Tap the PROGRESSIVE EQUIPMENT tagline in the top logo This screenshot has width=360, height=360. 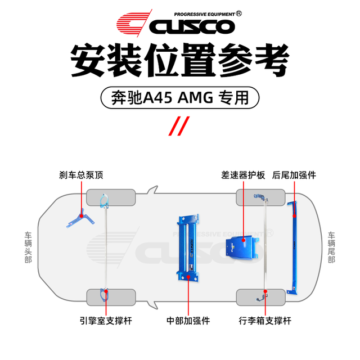coord(204,14)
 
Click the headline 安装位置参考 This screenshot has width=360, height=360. coord(180,60)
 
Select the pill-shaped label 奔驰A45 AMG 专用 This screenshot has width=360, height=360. coord(180,97)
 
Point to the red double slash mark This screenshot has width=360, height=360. coord(179,126)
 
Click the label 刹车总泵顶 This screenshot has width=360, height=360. coord(81,175)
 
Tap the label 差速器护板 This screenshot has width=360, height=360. coord(243,175)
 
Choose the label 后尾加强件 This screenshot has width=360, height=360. coord(294,175)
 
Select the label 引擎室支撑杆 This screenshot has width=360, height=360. coord(106,321)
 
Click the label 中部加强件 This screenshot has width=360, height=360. coord(188,321)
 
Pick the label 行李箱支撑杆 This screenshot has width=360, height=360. coord(265,321)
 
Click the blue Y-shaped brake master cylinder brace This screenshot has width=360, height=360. coord(81,218)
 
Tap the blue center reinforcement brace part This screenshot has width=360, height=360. coord(188,247)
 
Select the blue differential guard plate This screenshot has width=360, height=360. coord(242,247)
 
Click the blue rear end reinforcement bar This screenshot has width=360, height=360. coord(293,248)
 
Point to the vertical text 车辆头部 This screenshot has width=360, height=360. coord(28,247)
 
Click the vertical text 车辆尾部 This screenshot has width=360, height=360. coord(331,247)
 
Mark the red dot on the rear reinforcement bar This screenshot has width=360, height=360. coord(294,216)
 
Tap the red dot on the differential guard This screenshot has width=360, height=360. coord(244,240)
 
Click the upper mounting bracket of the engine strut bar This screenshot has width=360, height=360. coord(105,201)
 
